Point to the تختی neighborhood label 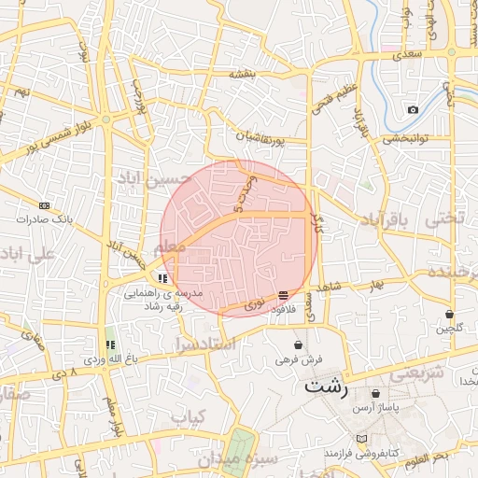pos(444,220)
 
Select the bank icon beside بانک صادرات pos(44,205)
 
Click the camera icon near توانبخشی pos(413,110)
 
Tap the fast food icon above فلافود pos(283,295)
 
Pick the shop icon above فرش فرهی pos(298,344)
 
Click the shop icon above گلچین pos(451,314)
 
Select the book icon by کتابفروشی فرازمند pos(361,439)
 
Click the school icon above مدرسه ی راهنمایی pos(163,277)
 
